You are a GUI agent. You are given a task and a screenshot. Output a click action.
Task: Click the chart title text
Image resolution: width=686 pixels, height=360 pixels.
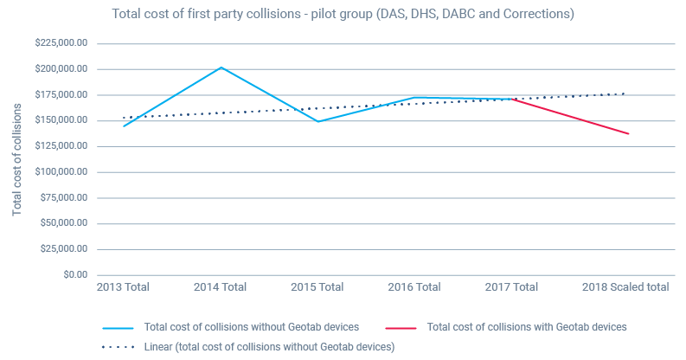coord(343,15)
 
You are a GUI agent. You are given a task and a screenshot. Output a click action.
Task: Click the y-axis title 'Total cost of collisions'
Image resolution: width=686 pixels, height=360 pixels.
coord(16,159)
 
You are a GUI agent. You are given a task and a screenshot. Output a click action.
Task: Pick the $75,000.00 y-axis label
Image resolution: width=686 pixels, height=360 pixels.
coord(61,197)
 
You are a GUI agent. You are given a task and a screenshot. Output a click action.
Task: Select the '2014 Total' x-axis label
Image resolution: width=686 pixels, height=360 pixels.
coord(222,287)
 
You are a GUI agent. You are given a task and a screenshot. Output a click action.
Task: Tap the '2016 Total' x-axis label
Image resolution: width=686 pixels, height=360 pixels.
coord(416,287)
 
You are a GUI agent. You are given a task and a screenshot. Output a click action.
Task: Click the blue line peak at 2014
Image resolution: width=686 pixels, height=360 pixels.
coord(222,67)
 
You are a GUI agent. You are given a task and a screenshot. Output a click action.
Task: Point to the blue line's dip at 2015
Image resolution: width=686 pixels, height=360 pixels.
coord(319,121)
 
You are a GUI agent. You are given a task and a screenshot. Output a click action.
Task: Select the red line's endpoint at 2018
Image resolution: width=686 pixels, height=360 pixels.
coord(628,133)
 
